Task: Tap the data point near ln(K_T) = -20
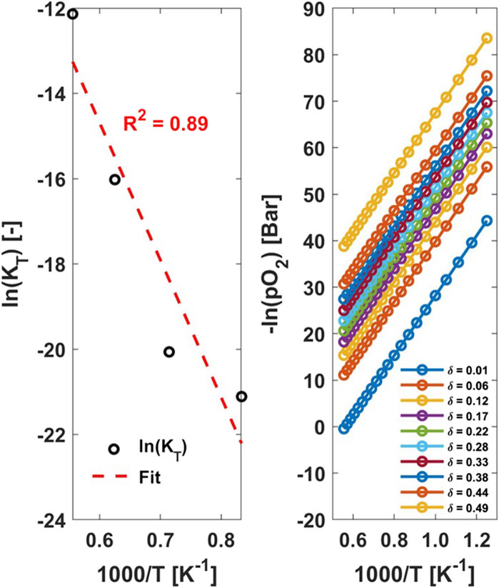click(168, 352)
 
